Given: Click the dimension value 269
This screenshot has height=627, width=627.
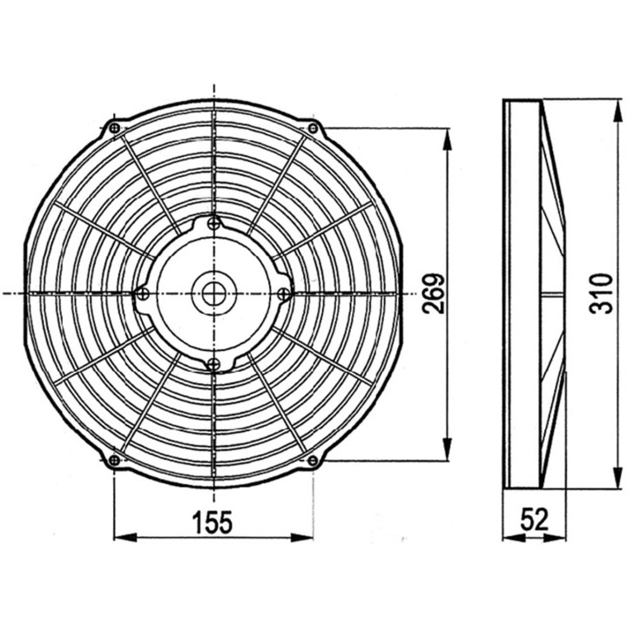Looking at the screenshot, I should [x=435, y=293].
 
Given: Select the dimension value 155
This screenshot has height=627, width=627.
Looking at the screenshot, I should [x=212, y=522].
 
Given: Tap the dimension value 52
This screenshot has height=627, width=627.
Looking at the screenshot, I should [x=534, y=521].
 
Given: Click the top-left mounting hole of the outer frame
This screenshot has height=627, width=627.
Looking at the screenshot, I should [x=115, y=129].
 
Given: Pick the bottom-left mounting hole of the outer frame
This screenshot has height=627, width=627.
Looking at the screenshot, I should [x=115, y=460].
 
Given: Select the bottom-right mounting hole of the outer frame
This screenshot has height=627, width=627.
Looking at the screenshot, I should [x=313, y=460].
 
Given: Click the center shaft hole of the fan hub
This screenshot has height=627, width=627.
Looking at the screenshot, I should [x=213, y=293].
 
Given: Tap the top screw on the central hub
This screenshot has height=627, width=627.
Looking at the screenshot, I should [x=214, y=225].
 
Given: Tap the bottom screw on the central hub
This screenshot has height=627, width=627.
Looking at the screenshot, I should [x=214, y=362].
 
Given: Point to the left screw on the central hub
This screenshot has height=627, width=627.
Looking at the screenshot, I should [x=144, y=294].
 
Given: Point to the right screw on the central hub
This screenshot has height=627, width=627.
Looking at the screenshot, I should [x=283, y=294].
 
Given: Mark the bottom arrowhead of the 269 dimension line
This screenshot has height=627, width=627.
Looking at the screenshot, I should [x=448, y=452].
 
